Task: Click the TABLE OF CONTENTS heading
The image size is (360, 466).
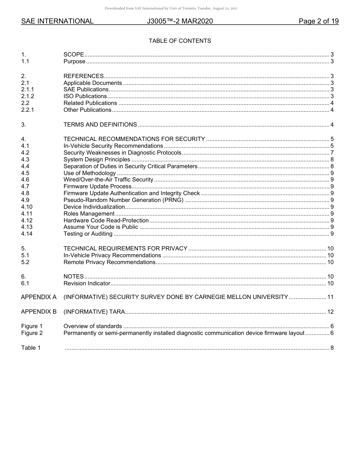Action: [180, 41]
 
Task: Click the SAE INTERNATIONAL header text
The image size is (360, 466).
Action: [57, 21]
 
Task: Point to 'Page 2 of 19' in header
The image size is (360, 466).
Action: [318, 21]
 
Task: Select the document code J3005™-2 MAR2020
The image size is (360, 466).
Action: [180, 21]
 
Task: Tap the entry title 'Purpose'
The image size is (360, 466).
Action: [74, 61]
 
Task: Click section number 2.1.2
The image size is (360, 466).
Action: [28, 96]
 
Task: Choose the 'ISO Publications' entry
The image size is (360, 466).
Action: [85, 96]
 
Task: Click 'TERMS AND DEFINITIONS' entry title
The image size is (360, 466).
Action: [100, 125]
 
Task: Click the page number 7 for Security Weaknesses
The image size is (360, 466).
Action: [332, 153]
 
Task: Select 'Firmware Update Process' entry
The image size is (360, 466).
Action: [97, 186]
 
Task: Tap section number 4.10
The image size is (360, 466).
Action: [27, 207]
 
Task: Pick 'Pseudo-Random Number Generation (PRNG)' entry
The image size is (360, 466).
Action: [123, 200]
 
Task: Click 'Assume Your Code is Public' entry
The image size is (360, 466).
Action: [100, 227]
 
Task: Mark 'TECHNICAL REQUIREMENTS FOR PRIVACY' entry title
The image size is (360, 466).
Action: [125, 249]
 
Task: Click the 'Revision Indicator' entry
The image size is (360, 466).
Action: [87, 283]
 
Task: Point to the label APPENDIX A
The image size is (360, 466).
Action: [39, 297]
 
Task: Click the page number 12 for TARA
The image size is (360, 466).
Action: [330, 312]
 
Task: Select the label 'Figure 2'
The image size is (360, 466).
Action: [32, 333]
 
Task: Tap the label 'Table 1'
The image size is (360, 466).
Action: [31, 348]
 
